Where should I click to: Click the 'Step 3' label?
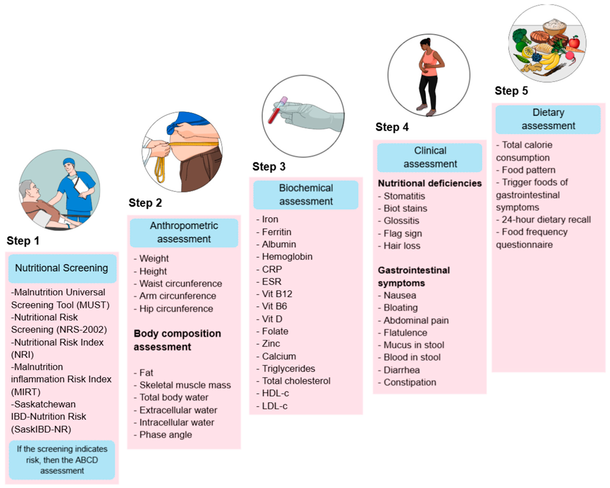tap(269, 167)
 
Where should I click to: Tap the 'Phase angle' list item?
tap(165, 435)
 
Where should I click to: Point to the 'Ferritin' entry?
tap(276, 232)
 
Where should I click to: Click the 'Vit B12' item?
tap(277, 294)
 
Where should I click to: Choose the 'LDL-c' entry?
tap(275, 406)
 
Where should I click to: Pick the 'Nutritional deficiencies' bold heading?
tap(430, 183)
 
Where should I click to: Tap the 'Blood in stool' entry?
tap(412, 357)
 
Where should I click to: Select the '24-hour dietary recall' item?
tap(546, 220)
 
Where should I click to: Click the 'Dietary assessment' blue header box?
tap(548, 119)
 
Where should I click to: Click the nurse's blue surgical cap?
tap(69, 161)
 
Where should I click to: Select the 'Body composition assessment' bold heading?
tap(177, 340)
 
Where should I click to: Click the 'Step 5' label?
tap(511, 91)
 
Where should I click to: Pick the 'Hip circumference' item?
tap(176, 309)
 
